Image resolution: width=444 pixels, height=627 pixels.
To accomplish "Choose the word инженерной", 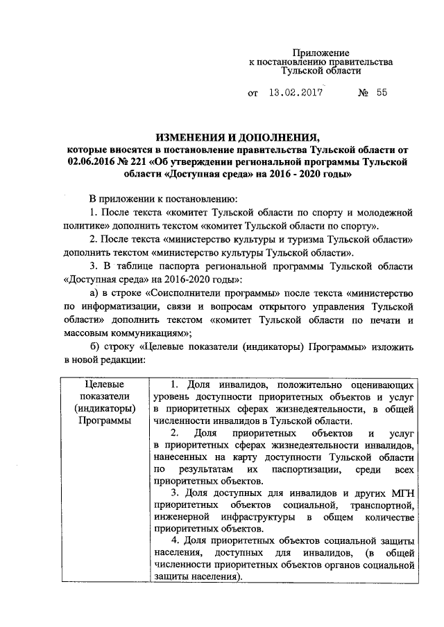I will (x=182, y=519).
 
